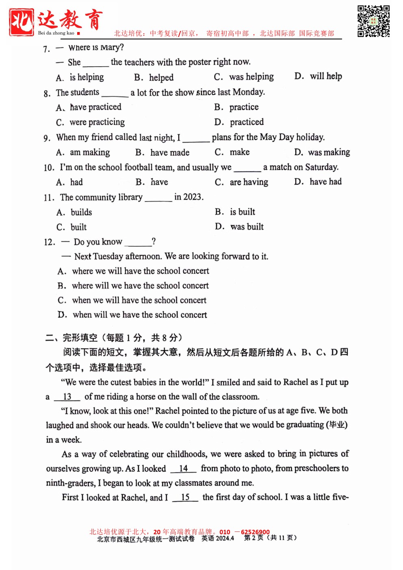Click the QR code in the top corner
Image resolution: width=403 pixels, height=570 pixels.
(373, 21)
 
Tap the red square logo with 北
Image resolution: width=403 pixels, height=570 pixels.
(22, 22)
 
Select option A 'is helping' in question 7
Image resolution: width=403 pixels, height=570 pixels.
(80, 77)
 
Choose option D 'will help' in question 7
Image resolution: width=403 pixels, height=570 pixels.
(318, 76)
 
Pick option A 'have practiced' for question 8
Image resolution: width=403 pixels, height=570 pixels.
(89, 107)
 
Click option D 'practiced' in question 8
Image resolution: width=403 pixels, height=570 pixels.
(239, 122)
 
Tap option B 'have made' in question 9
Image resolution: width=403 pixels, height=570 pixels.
(162, 152)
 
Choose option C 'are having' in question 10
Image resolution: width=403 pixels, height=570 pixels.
(241, 182)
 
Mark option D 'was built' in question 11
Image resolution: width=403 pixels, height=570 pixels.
(239, 227)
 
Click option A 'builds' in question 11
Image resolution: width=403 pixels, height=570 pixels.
(74, 212)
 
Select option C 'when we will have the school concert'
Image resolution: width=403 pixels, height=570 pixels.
(132, 300)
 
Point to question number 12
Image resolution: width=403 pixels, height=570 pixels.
(49, 242)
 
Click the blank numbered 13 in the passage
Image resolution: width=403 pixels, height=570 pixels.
(67, 397)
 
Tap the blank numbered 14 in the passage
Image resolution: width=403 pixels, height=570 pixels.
(183, 468)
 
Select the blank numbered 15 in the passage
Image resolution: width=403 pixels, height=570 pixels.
(185, 497)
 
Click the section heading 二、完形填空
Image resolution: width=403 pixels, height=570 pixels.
(71, 338)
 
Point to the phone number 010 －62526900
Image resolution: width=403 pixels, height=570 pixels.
(244, 532)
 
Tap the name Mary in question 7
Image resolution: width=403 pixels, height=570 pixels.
(110, 48)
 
